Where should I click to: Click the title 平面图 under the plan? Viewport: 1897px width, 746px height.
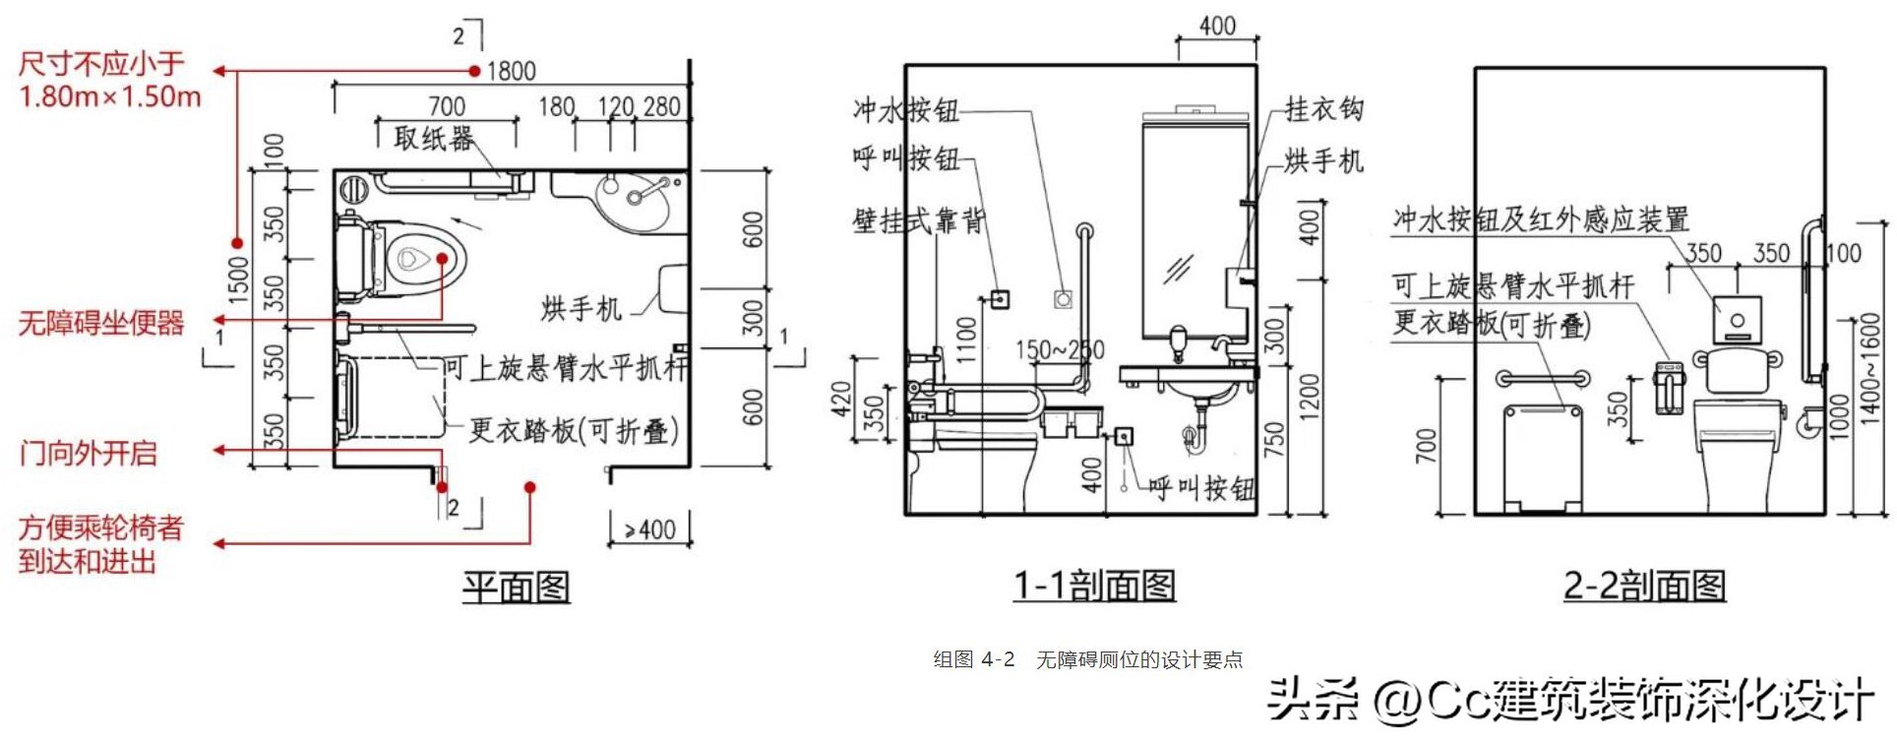[517, 588]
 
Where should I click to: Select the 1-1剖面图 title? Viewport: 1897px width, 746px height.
[1094, 586]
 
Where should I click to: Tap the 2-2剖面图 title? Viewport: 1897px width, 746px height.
[1644, 586]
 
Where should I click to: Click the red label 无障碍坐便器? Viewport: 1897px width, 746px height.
[101, 323]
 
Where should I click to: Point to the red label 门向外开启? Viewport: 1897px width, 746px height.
[89, 453]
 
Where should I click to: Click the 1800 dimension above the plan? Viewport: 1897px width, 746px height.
[511, 71]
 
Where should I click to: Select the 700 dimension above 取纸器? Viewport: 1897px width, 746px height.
[447, 105]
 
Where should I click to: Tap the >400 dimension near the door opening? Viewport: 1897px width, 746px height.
[649, 530]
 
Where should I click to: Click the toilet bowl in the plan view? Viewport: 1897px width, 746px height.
[418, 260]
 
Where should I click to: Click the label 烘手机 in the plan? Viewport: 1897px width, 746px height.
[581, 309]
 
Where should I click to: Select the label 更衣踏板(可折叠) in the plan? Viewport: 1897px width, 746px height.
[573, 430]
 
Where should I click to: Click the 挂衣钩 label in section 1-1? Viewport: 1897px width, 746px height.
[1323, 109]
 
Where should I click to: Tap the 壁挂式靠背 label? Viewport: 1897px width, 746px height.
[919, 220]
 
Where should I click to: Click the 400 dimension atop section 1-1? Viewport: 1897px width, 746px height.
[1217, 26]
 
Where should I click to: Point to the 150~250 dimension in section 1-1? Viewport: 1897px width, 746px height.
[1060, 349]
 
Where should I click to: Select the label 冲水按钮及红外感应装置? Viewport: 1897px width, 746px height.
[1540, 219]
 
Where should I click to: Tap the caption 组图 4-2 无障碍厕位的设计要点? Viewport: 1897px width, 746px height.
[1088, 659]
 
